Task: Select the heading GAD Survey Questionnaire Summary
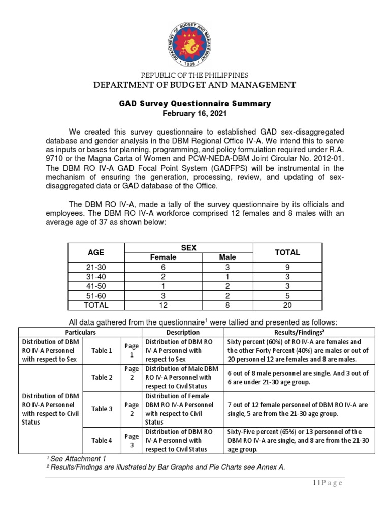pos(194,104)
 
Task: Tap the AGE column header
pos(96,252)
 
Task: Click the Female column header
pos(163,257)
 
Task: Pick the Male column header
pos(227,257)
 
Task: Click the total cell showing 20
pos(287,305)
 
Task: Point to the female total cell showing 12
pos(163,305)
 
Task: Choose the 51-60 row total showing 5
pos(287,296)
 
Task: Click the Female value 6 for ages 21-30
pos(163,267)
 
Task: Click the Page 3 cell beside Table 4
pos(131,440)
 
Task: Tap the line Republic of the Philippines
pos(194,75)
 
